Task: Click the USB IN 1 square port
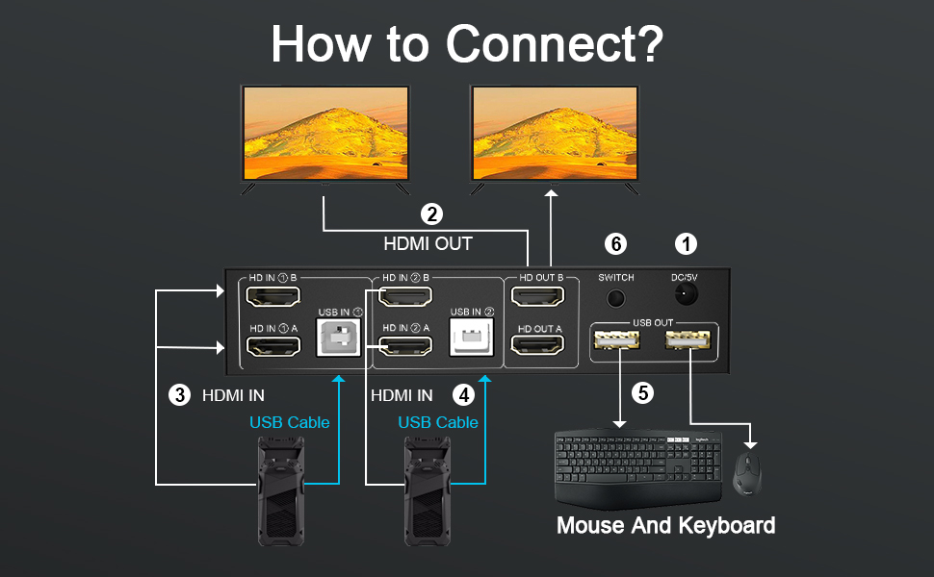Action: (x=339, y=337)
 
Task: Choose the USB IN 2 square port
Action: (x=472, y=338)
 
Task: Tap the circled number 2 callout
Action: (x=432, y=214)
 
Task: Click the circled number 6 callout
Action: (x=617, y=244)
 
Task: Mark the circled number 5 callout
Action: (x=641, y=392)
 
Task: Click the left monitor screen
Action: (x=324, y=132)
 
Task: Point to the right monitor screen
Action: (x=554, y=132)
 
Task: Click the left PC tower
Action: (x=278, y=489)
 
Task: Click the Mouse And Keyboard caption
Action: (x=665, y=526)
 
